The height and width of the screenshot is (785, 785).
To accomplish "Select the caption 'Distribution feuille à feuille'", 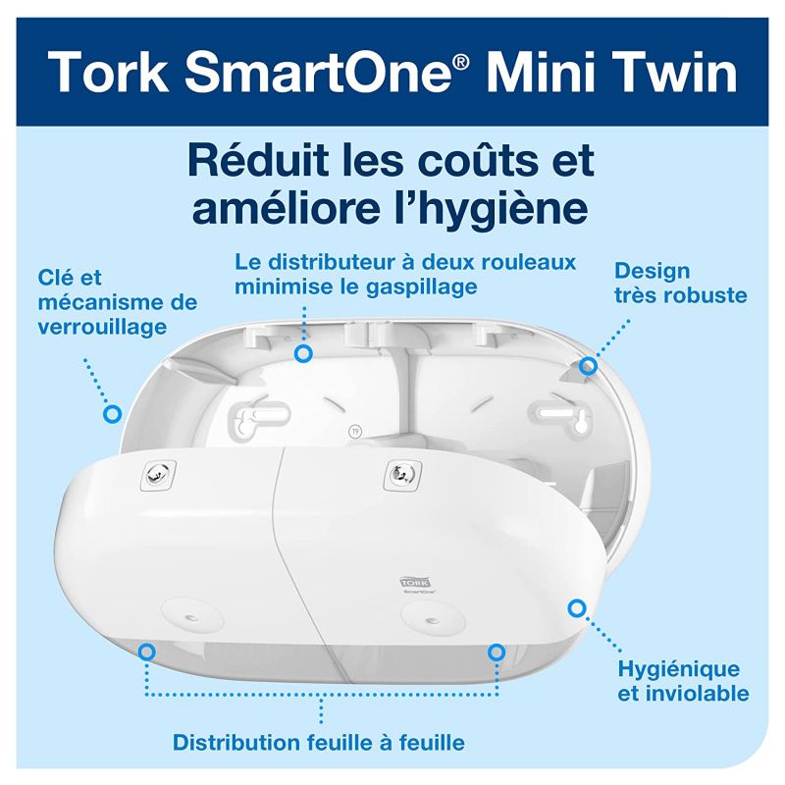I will click(319, 741).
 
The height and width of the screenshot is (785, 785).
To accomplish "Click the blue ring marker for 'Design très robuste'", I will click(588, 366).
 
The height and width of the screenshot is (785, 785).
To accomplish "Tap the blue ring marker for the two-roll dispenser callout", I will click(304, 350).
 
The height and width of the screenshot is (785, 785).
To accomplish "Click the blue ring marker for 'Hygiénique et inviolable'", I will click(576, 609).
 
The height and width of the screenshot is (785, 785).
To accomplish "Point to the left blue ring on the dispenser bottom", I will click(147, 651).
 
